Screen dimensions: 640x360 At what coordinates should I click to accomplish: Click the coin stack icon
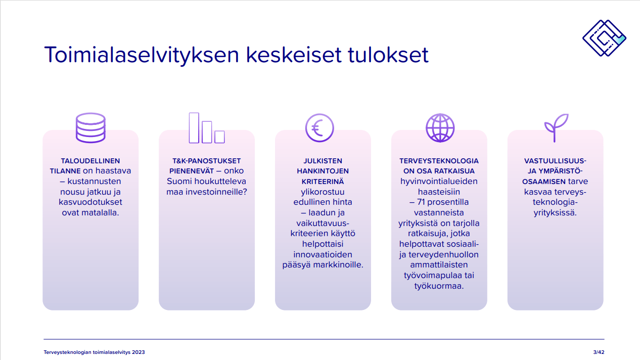click(90, 128)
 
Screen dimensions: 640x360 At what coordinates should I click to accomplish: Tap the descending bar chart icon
click(207, 128)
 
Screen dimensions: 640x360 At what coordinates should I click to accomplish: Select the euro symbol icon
click(319, 128)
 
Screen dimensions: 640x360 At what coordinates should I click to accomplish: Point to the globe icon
click(440, 128)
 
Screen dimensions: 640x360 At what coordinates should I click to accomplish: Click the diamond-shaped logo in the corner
click(604, 38)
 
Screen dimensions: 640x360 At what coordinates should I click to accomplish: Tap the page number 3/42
click(599, 352)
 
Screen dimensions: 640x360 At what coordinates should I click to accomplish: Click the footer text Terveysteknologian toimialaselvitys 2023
click(95, 352)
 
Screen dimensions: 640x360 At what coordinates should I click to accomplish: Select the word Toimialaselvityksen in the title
click(142, 55)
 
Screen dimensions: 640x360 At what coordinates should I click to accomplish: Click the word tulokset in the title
click(388, 55)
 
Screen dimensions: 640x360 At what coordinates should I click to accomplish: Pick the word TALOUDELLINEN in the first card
click(90, 161)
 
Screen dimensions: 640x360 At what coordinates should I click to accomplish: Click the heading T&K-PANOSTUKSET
click(207, 161)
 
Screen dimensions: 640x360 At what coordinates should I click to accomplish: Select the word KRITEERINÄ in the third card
click(323, 182)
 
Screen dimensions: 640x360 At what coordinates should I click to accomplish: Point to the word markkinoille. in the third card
click(338, 265)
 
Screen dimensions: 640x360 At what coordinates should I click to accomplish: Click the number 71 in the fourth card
click(421, 202)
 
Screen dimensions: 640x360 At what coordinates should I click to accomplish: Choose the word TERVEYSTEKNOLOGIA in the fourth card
click(439, 161)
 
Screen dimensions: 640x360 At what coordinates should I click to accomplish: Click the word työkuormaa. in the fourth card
click(439, 286)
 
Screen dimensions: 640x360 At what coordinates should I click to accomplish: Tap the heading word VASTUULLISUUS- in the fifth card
click(555, 161)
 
